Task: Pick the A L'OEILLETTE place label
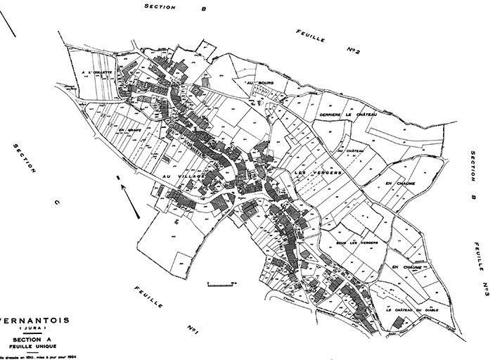[96, 72]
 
